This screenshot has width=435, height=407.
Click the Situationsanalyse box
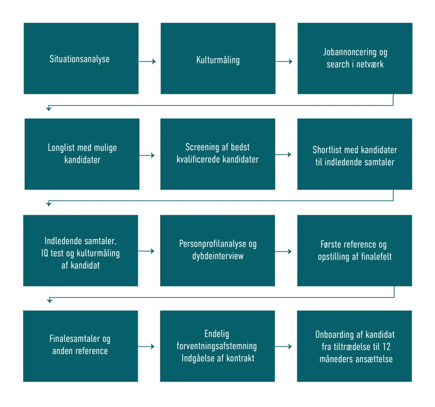(79, 58)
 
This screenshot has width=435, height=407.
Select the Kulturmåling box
(218, 59)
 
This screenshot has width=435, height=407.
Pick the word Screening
(202, 147)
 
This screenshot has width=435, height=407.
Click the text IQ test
(51, 253)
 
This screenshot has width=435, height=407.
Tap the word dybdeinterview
(218, 256)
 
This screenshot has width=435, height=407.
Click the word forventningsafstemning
(217, 346)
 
